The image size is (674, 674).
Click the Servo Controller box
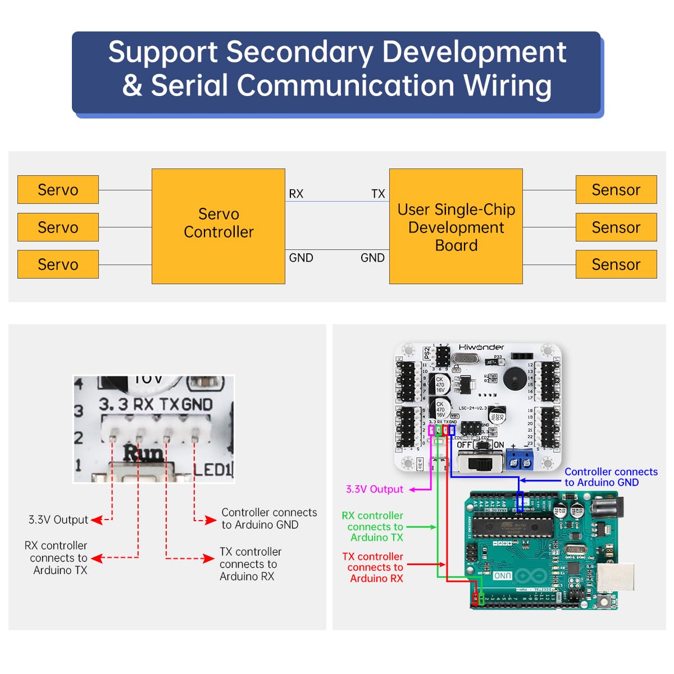tap(218, 226)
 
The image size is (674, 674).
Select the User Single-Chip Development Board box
tap(456, 226)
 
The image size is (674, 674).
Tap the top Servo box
tap(58, 190)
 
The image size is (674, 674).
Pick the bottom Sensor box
tap(616, 265)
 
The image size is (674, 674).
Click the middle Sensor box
tap(616, 227)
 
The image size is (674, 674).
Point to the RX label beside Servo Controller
tap(296, 194)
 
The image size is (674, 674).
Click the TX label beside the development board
tap(378, 194)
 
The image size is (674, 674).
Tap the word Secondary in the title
tap(300, 52)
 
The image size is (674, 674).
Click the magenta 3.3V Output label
tap(374, 490)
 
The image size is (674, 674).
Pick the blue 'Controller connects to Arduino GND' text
tap(611, 477)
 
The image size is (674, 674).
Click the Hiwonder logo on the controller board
tap(481, 348)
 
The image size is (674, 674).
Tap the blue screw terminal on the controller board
tap(520, 460)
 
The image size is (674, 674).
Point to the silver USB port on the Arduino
tap(614, 578)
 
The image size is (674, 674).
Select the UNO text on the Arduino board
tap(502, 576)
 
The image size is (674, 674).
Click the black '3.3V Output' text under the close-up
tap(58, 520)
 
